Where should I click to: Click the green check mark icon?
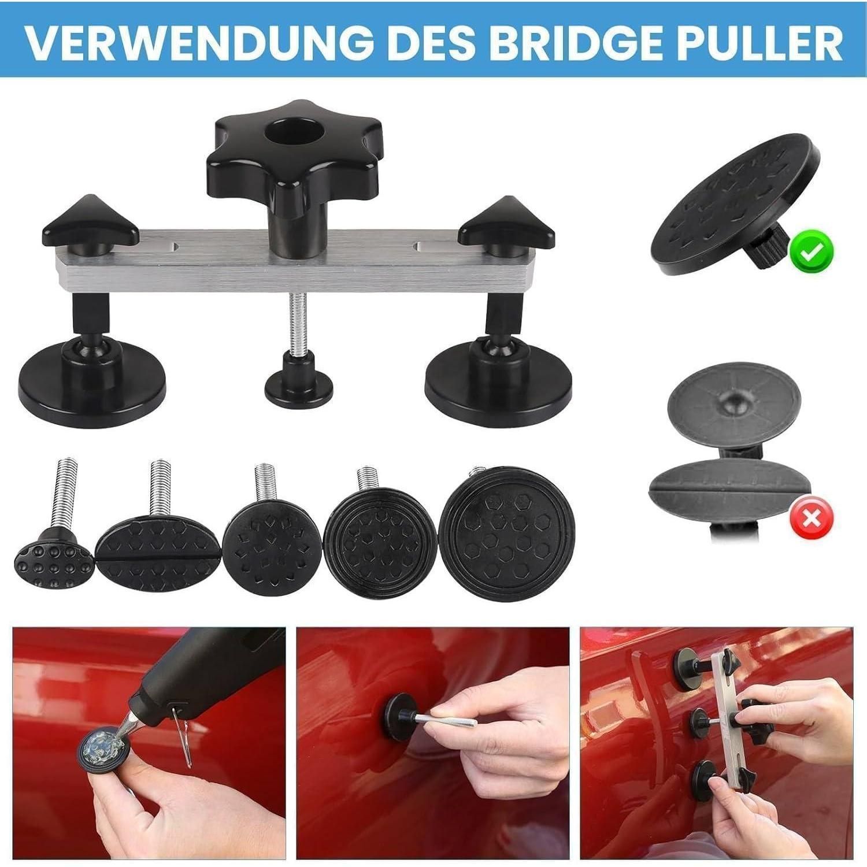(x=812, y=251)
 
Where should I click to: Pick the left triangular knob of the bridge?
(x=90, y=226)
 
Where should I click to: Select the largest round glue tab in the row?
(x=507, y=535)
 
